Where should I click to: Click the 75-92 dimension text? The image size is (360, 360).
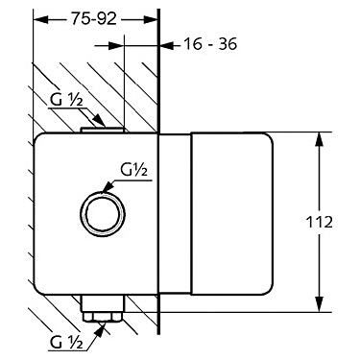tap(93, 19)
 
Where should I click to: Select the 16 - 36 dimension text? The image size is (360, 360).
tap(210, 44)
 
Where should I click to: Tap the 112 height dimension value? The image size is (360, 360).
tap(320, 222)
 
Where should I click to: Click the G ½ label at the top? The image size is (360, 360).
tap(66, 101)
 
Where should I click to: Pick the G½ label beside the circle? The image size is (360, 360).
tap(133, 170)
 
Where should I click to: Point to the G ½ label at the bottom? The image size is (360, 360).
tap(66, 343)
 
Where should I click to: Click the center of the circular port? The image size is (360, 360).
tap(103, 213)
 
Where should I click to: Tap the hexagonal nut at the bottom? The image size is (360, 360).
tap(103, 317)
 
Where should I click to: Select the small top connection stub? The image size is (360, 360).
tap(102, 130)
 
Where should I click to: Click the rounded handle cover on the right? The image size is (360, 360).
tap(231, 213)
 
